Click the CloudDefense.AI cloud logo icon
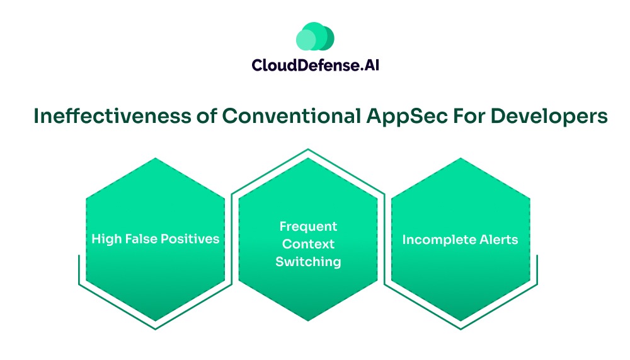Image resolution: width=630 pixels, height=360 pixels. (x=315, y=37)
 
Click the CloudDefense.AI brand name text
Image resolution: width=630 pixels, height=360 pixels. (x=315, y=66)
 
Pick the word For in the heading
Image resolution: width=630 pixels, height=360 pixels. (x=461, y=117)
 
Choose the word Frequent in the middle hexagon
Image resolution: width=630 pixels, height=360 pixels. (x=308, y=226)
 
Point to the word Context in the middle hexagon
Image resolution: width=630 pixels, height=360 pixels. (x=308, y=244)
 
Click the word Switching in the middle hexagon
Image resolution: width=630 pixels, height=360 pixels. (x=308, y=262)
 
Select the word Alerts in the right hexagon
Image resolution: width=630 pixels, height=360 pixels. (x=500, y=240)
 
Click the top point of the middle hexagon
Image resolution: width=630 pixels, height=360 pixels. (x=308, y=158)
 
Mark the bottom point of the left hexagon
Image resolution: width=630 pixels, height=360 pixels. (x=155, y=321)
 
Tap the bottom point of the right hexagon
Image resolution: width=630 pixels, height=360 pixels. (x=461, y=321)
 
